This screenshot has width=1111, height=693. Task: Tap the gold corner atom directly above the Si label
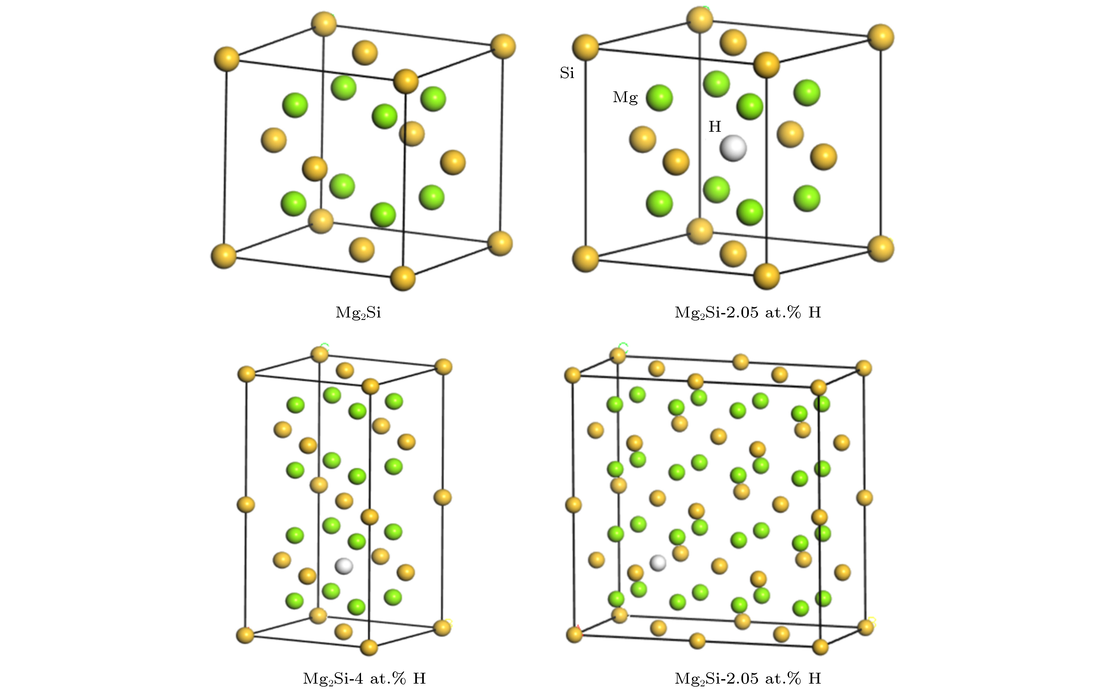tap(585, 47)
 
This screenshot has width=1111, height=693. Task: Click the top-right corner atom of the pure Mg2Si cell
tap(503, 46)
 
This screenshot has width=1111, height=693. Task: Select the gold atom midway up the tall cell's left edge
tap(246, 505)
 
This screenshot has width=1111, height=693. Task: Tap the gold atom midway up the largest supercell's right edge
tap(864, 498)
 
